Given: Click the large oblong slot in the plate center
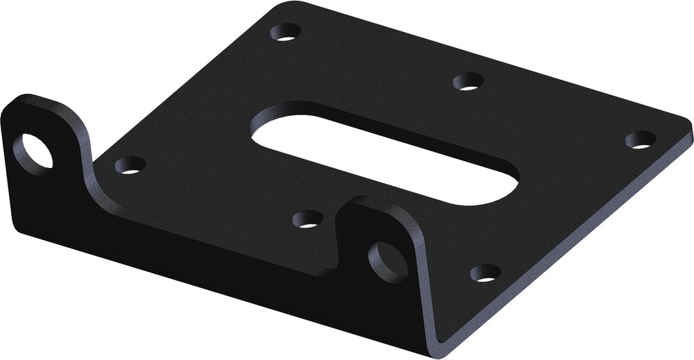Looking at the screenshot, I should [385, 153].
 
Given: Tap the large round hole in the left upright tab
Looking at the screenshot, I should [33, 151].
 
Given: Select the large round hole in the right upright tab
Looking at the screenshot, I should [389, 262].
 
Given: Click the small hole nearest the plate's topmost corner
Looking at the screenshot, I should [286, 32].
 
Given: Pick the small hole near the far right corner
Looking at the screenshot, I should [640, 139].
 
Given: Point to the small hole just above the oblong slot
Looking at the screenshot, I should [468, 82].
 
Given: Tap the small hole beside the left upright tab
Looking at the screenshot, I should [130, 165].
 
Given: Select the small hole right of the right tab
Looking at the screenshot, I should [485, 273].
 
